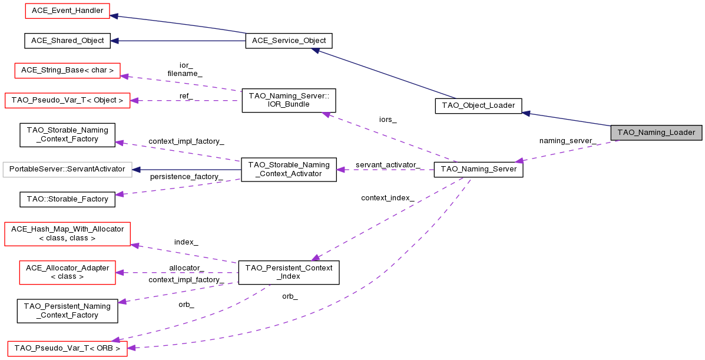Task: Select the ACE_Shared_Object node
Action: (67, 41)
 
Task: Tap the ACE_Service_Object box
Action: (289, 41)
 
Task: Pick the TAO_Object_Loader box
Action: (478, 106)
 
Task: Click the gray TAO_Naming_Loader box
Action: (657, 133)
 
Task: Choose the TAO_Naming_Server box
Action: (478, 169)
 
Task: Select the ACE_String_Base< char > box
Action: (67, 70)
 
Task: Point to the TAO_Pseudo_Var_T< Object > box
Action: (67, 100)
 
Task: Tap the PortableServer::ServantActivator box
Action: (67, 169)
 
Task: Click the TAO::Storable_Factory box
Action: (67, 199)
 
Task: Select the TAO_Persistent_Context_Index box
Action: (289, 272)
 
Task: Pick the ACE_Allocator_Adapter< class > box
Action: (68, 272)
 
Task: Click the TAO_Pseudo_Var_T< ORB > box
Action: (67, 348)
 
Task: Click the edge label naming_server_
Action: (567, 141)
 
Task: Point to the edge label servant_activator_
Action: (388, 164)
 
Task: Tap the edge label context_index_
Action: (388, 198)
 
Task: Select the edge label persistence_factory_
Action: (186, 177)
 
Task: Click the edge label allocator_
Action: (186, 268)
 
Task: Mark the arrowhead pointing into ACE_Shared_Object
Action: (115, 41)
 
